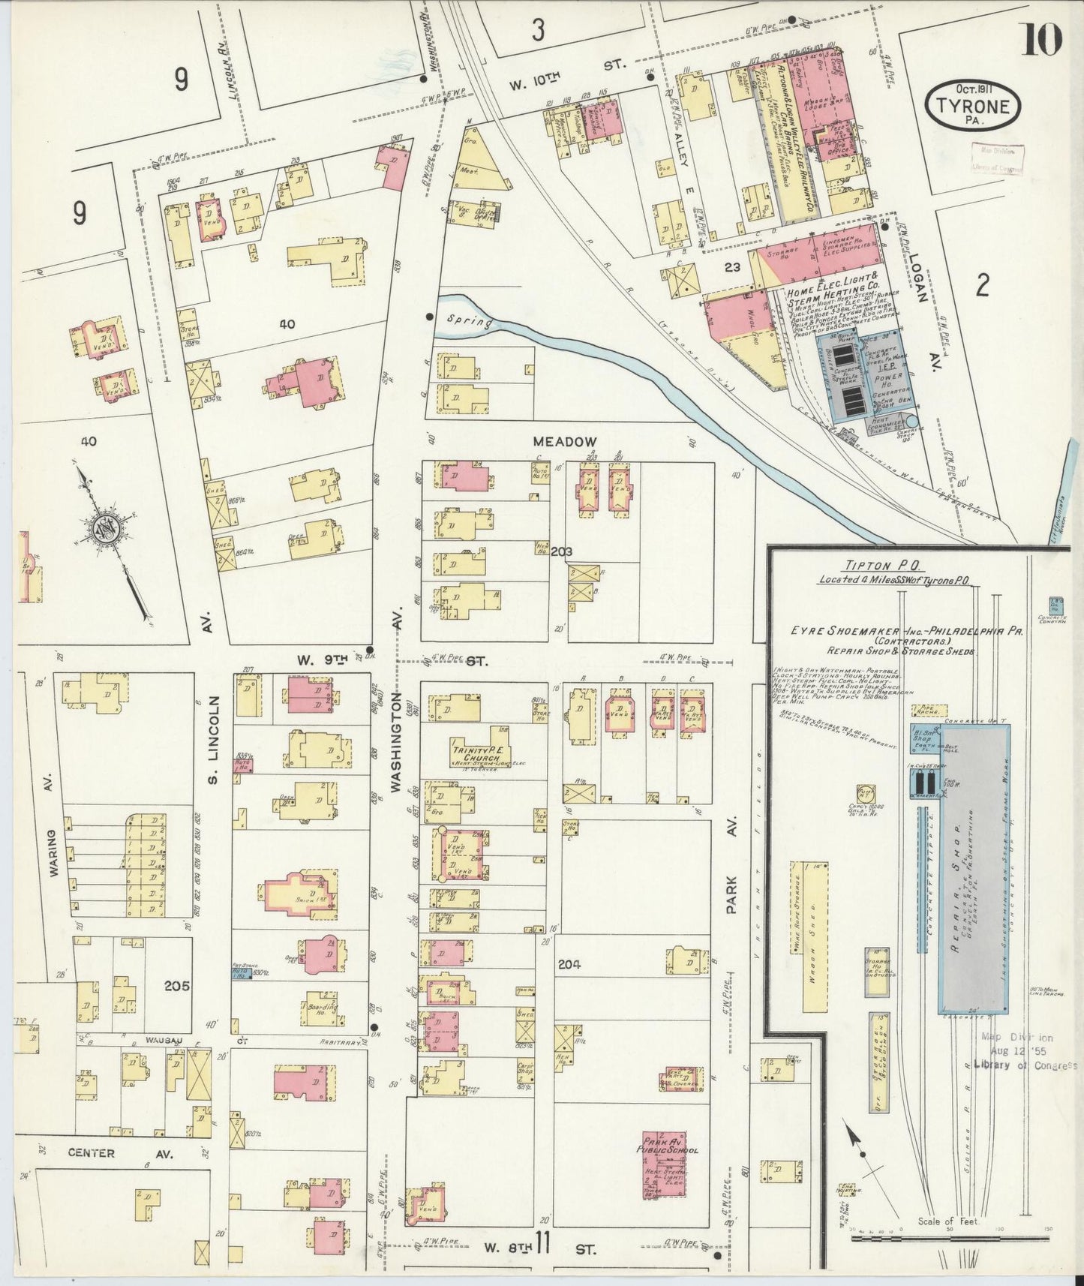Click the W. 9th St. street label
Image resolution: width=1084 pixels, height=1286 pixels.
[390, 661]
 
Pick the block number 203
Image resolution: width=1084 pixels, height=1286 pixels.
[561, 551]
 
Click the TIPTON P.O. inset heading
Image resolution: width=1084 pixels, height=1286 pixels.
[869, 566]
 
